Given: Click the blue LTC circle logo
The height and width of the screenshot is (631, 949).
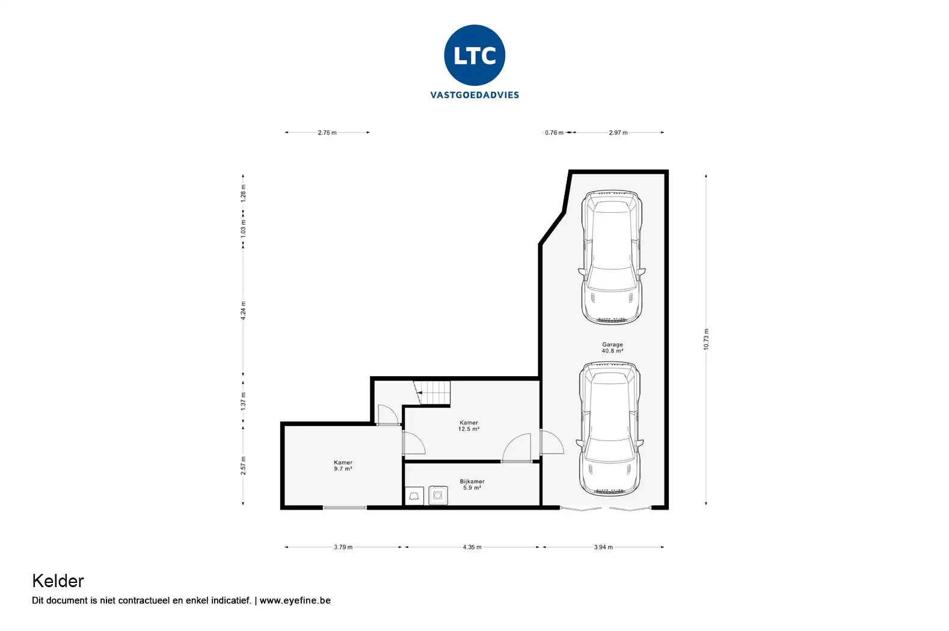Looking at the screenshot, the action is [475, 55].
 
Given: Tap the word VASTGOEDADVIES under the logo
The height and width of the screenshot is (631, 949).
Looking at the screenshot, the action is [475, 95].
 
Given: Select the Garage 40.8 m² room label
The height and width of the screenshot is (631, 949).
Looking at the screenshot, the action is [612, 348].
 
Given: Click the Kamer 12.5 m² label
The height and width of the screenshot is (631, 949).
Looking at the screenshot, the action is [468, 425].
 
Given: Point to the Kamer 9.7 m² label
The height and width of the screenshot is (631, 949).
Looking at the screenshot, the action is [343, 465].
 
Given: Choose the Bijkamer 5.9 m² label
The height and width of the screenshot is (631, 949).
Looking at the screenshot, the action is [472, 484].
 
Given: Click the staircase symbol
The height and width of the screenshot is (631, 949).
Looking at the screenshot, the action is [432, 392].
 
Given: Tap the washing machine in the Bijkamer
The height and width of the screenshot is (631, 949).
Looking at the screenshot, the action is [438, 495].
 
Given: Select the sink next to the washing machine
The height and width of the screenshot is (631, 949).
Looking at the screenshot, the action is [414, 496].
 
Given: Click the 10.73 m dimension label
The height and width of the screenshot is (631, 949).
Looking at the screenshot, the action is [706, 339].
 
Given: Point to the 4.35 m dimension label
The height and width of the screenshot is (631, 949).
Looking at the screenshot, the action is [472, 547].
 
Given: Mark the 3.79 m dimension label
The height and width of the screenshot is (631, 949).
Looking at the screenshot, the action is [343, 547].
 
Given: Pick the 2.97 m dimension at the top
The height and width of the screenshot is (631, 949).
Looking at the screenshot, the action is [618, 133].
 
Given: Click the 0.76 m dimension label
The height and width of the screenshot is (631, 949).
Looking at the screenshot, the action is [554, 133].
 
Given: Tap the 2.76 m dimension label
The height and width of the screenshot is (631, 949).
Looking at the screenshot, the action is [327, 133].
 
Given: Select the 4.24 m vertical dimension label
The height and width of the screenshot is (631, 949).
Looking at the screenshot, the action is [243, 311].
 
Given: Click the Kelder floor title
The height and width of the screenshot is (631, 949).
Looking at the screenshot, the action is [58, 581].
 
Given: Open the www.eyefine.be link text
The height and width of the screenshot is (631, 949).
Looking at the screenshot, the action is [295, 600].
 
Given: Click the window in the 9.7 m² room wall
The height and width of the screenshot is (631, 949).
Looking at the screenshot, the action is [345, 507].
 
